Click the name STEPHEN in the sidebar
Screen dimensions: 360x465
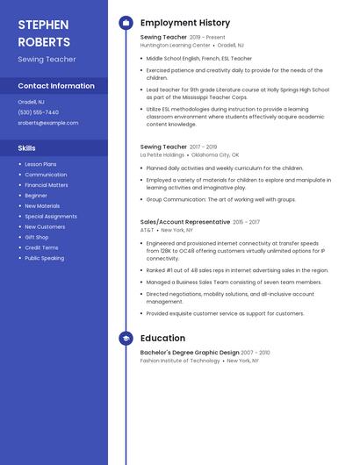[42, 24]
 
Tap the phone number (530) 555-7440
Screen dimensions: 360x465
[38, 112]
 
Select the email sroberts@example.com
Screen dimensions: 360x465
[48, 123]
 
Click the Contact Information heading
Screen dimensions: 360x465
[56, 86]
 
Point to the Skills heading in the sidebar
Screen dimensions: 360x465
[27, 148]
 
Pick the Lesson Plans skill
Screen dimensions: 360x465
[40, 164]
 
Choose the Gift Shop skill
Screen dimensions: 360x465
[37, 237]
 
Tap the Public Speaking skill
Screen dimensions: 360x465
[44, 258]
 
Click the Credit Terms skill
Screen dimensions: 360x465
[41, 247]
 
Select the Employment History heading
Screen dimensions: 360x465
[185, 23]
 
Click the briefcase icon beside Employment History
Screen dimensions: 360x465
[126, 23]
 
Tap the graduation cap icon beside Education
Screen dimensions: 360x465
[126, 338]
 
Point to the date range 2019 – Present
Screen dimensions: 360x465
[207, 38]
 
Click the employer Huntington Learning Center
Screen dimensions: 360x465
[175, 45]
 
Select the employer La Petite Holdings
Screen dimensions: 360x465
[162, 154]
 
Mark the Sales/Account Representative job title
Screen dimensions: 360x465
[184, 222]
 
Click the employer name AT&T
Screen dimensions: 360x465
[147, 230]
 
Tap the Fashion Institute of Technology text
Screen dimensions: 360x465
[180, 361]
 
